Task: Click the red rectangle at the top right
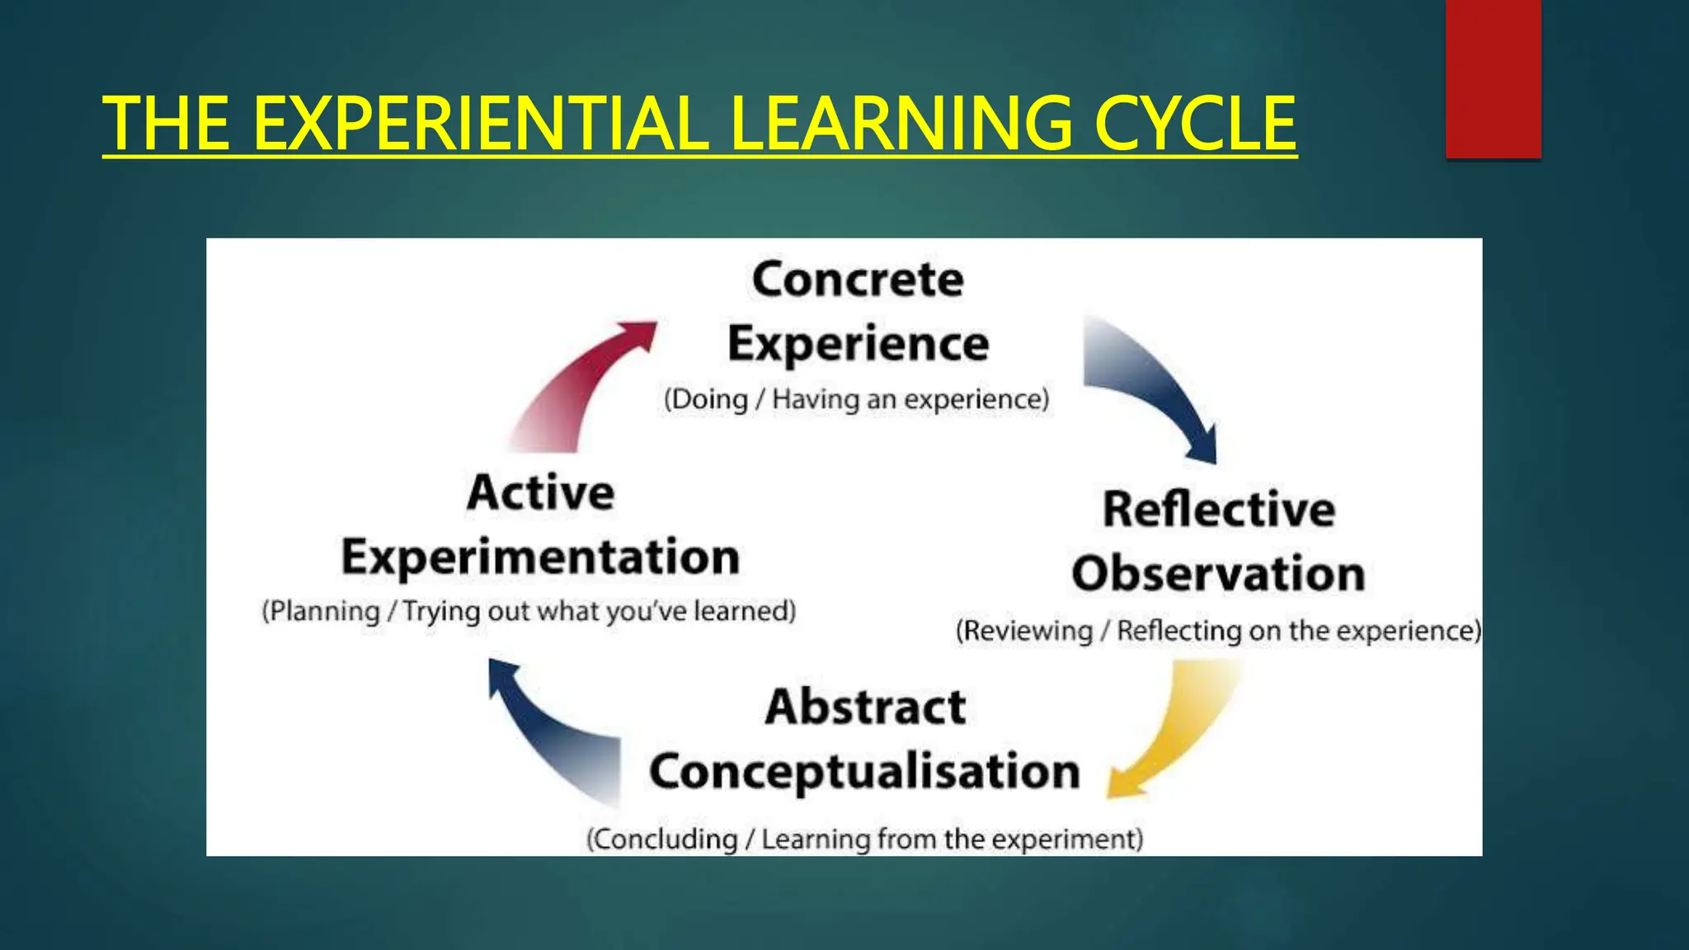click(1493, 78)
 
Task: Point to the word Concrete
click(858, 280)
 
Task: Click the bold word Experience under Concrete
click(858, 344)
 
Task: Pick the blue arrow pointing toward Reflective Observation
click(1150, 383)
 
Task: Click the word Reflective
click(1219, 509)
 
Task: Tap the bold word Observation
click(1218, 573)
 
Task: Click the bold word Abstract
click(865, 708)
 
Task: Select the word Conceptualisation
click(864, 772)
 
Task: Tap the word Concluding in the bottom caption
click(665, 839)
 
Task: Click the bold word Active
click(540, 493)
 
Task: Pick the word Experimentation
click(540, 557)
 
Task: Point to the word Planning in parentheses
click(324, 612)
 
